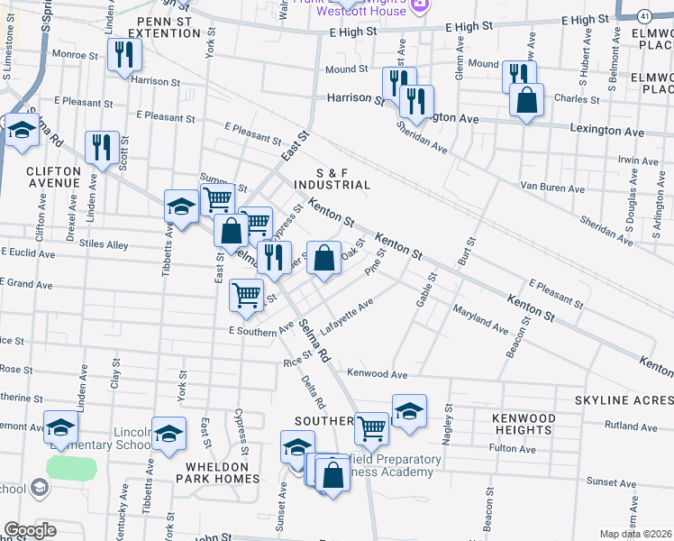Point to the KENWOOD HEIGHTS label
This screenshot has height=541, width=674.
point(524,425)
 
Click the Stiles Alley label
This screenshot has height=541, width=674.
point(104,244)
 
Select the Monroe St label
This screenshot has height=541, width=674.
point(74,55)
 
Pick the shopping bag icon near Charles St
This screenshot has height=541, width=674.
point(527,100)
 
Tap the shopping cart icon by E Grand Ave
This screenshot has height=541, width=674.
point(247,295)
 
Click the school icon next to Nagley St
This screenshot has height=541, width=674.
point(409,411)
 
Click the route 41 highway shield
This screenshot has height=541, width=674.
point(643,17)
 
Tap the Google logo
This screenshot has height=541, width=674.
point(30,530)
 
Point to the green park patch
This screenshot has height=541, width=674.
point(70,468)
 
